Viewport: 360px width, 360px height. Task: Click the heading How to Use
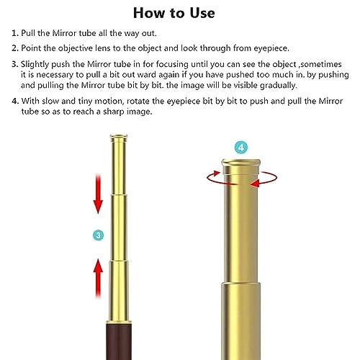(x=179, y=13)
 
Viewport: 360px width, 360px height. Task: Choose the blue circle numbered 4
(x=241, y=148)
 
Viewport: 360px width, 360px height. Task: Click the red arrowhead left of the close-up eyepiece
(x=210, y=174)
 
